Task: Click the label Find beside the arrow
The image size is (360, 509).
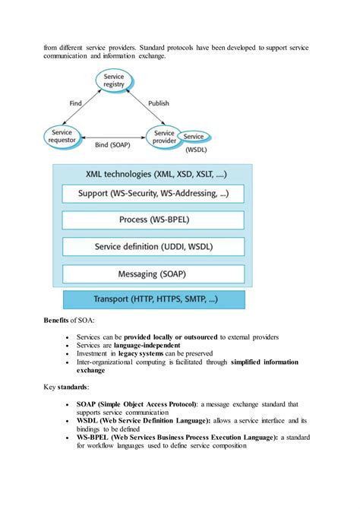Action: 75,103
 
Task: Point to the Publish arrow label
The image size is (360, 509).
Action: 159,103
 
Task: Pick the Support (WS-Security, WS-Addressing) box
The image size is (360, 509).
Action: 153,194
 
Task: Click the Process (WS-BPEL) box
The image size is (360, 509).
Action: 153,220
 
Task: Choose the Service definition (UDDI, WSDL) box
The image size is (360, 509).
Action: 153,247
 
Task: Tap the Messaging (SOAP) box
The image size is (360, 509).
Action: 153,273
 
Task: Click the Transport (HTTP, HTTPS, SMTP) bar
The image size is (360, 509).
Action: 153,299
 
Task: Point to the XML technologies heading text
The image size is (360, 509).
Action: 153,174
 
